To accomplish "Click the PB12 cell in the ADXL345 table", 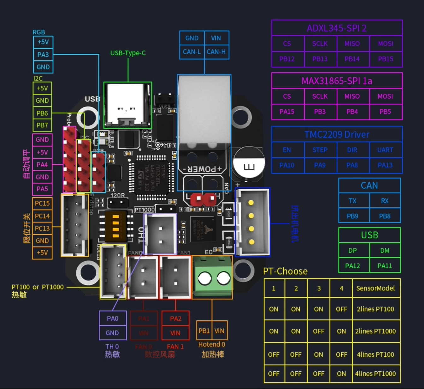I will pos(287,59).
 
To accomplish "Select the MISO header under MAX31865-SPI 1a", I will pos(352,96).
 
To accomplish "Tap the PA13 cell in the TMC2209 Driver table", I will pos(385,165).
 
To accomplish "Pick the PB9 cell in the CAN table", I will pos(352,216).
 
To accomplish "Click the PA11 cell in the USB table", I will pos(385,266).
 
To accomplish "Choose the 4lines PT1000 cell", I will pos(375,374).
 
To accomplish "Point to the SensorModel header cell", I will pos(375,288).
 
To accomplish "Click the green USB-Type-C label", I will pos(128,53).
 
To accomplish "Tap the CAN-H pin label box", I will pos(216,52).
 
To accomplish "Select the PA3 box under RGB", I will pos(43,55).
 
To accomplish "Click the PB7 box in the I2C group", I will pos(42,125).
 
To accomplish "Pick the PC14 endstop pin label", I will pos(42,216).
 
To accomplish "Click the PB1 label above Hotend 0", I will pos(204,331).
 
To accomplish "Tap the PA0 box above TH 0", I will pos(112,319).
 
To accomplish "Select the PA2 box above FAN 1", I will pos(175,319).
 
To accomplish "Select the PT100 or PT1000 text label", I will pos(38,287).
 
